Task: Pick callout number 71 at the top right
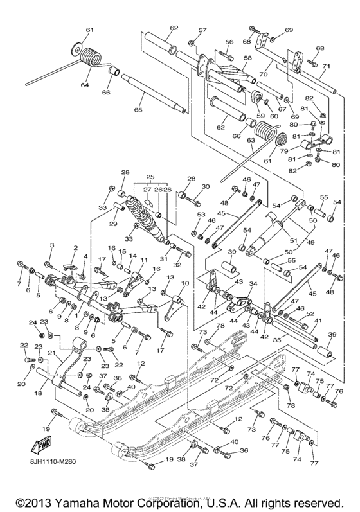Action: (x=327, y=66)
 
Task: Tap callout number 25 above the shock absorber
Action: (x=150, y=177)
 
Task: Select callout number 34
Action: (x=253, y=285)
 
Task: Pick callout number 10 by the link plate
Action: (x=186, y=283)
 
